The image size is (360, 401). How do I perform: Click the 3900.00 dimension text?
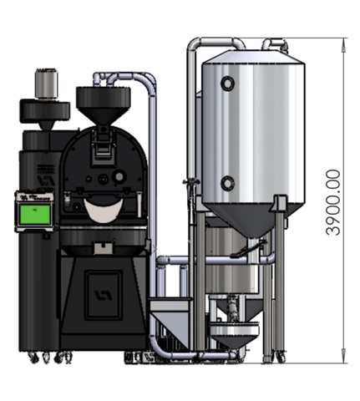coord(333,202)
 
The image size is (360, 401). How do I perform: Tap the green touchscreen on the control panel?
coord(35,215)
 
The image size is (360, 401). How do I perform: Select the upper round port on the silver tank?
coord(227,83)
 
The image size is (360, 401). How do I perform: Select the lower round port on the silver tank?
coord(227,183)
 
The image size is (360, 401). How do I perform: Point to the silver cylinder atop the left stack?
coord(47,83)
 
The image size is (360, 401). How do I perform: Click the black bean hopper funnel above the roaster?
coord(104,105)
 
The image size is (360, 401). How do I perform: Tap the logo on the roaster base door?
coord(104,295)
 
